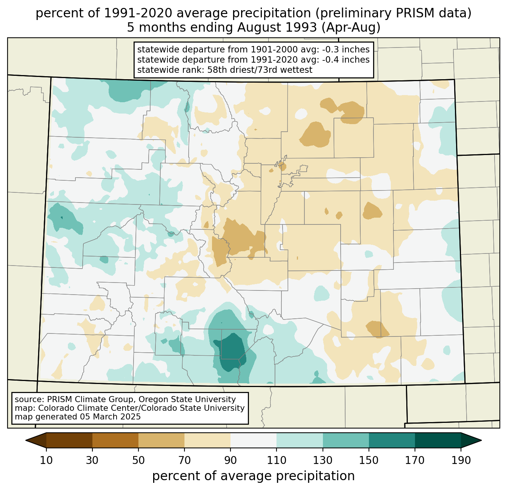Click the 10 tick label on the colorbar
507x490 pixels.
(46, 461)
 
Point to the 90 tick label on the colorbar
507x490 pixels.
(230, 461)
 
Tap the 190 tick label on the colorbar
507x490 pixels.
(461, 461)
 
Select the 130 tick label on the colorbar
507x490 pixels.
(323, 461)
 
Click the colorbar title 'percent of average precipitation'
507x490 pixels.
(253, 476)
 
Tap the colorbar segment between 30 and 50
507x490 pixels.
(115, 440)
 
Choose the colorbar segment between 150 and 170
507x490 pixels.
(392, 440)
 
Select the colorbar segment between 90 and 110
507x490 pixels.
(253, 440)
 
